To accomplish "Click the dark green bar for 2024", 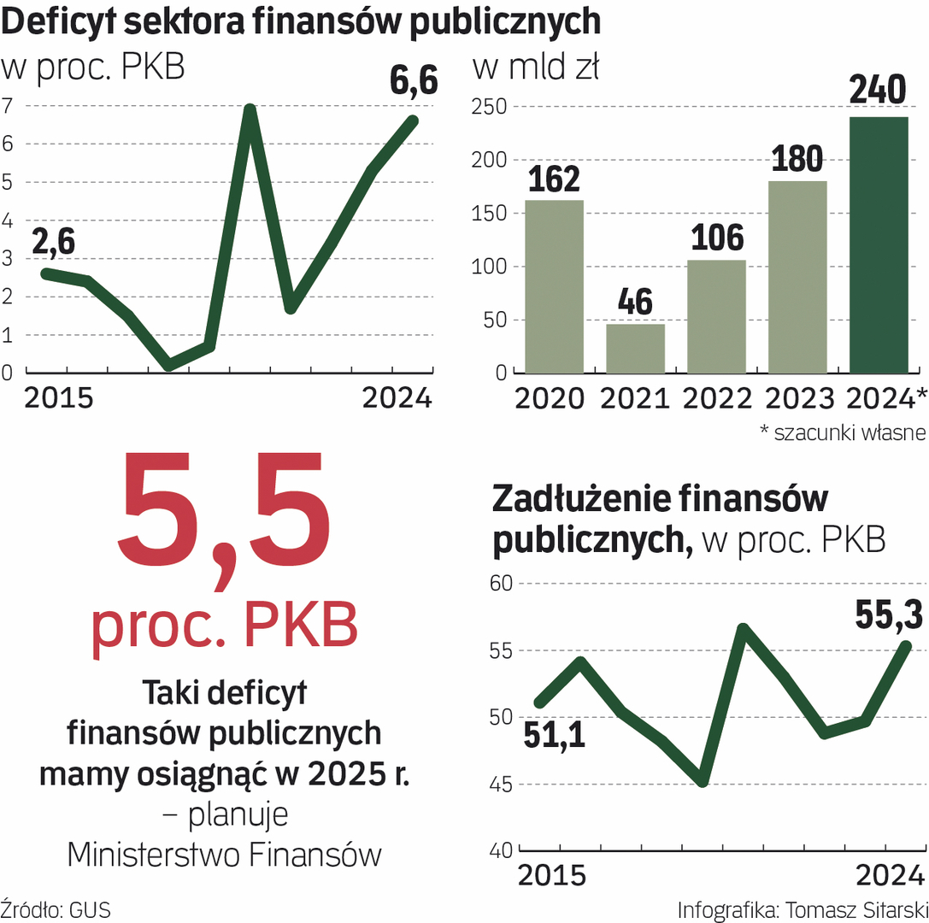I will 879,245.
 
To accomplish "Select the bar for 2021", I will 635,349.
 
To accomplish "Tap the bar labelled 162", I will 554,286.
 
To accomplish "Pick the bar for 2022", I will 716,316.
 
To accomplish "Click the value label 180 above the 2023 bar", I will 797,159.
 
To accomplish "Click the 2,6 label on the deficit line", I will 54,242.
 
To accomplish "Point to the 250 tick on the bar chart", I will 489,108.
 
